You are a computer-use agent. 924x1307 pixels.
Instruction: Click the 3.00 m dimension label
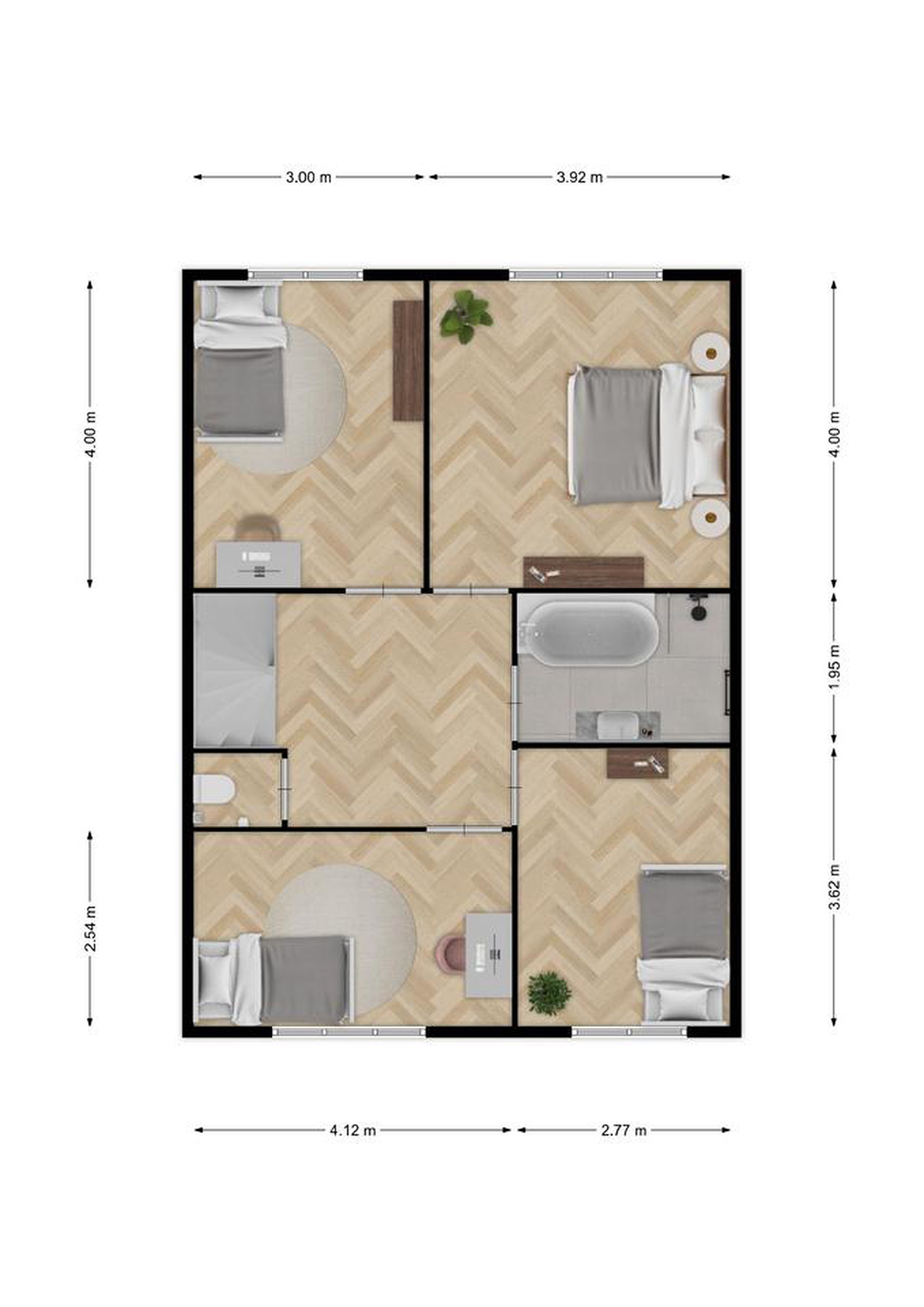(308, 177)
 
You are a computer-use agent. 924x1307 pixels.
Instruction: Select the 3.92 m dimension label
(579, 177)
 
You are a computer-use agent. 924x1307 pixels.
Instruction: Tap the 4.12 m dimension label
(353, 1130)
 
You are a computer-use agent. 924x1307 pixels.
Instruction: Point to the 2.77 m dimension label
(624, 1130)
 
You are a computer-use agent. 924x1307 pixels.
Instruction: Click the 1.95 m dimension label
(834, 667)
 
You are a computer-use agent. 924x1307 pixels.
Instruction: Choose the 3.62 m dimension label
(834, 887)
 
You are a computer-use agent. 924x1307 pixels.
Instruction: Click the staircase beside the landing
(235, 670)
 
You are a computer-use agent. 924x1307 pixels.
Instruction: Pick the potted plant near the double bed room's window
(465, 316)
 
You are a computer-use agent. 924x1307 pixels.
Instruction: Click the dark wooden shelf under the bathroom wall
(637, 763)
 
